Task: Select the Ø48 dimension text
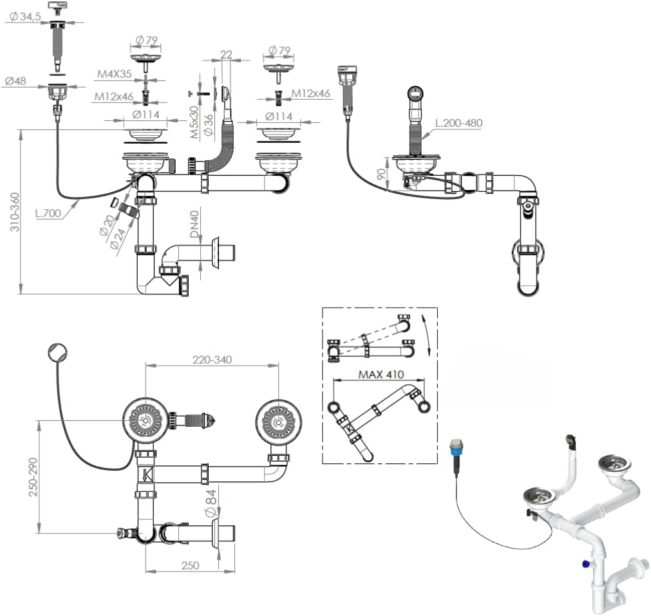(x=16, y=81)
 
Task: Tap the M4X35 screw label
(x=115, y=75)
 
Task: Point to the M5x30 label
(x=194, y=123)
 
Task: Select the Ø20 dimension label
(x=108, y=226)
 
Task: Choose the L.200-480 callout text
(x=458, y=123)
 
